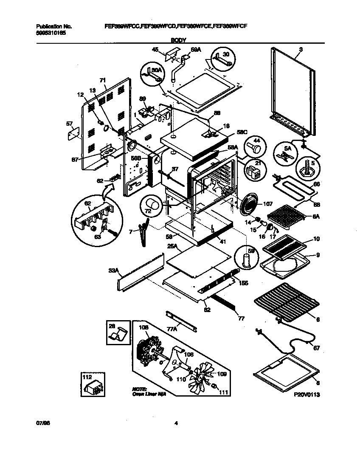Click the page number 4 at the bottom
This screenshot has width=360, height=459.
click(176, 423)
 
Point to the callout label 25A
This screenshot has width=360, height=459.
click(172, 246)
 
